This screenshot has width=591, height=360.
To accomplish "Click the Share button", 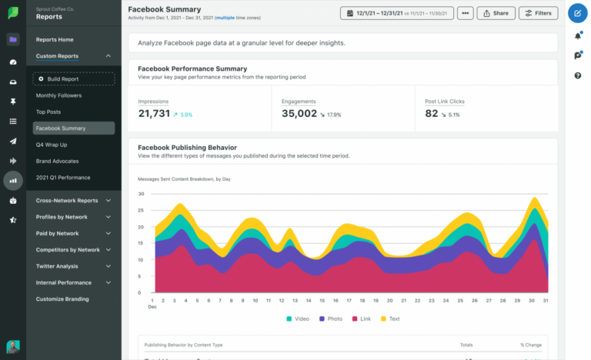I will pyautogui.click(x=496, y=13).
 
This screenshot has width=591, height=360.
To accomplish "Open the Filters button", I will pyautogui.click(x=539, y=13).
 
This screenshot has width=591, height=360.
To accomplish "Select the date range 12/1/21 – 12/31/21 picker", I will pyautogui.click(x=396, y=13).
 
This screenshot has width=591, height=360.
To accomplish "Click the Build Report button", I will pyautogui.click(x=74, y=78).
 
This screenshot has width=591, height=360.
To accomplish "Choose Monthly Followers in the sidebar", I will pyautogui.click(x=58, y=95).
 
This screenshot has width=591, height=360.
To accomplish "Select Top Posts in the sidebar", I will pyautogui.click(x=48, y=112).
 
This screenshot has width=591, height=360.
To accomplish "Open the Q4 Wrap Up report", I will pyautogui.click(x=52, y=145).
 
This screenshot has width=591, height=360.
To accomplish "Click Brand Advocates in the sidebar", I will pyautogui.click(x=57, y=161).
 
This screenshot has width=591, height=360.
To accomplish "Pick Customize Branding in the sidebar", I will pyautogui.click(x=62, y=298).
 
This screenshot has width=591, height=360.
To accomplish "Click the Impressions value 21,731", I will pyautogui.click(x=154, y=114).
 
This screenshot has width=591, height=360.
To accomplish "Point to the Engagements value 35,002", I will pyautogui.click(x=299, y=114).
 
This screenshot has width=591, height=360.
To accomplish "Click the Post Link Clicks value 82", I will pyautogui.click(x=432, y=114).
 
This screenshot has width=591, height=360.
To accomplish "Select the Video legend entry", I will pyautogui.click(x=299, y=318).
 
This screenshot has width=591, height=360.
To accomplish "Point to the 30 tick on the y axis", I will pyautogui.click(x=141, y=193).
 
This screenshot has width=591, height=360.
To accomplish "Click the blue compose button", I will pyautogui.click(x=577, y=13).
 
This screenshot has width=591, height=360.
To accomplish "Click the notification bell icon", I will pyautogui.click(x=578, y=36).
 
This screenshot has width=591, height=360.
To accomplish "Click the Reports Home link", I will pyautogui.click(x=55, y=39).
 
